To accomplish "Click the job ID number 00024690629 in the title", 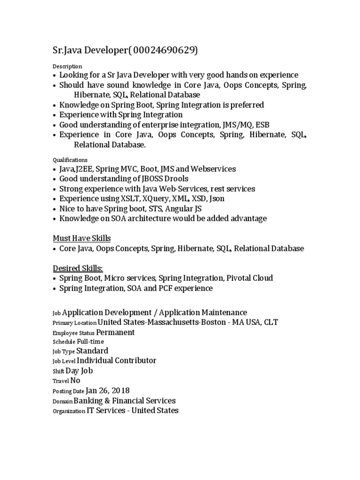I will coord(165,51).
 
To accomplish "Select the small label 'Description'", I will coord(67,66).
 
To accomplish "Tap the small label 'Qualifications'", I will coord(69,160).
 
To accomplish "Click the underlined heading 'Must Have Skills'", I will coord(81,238).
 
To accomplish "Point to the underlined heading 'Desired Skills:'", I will coord(77,268).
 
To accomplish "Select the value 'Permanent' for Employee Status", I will coord(115,332).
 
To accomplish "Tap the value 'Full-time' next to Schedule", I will coord(90,342).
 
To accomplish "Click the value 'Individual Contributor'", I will coord(116,360).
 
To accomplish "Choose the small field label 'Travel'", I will coord(60,381).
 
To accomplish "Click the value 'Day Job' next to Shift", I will coord(79,371).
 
